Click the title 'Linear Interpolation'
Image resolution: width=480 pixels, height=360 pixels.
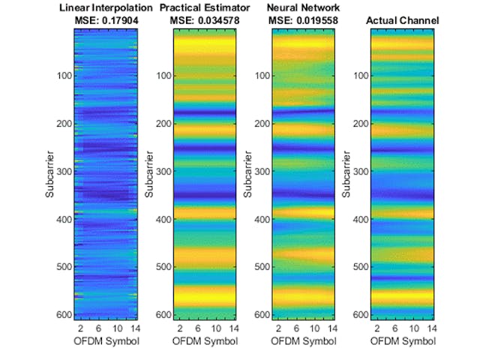(105, 7)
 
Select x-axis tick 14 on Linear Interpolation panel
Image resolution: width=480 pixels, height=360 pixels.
(134, 328)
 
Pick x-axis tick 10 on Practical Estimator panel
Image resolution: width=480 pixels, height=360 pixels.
(216, 328)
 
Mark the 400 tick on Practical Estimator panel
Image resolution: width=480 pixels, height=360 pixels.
(163, 219)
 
